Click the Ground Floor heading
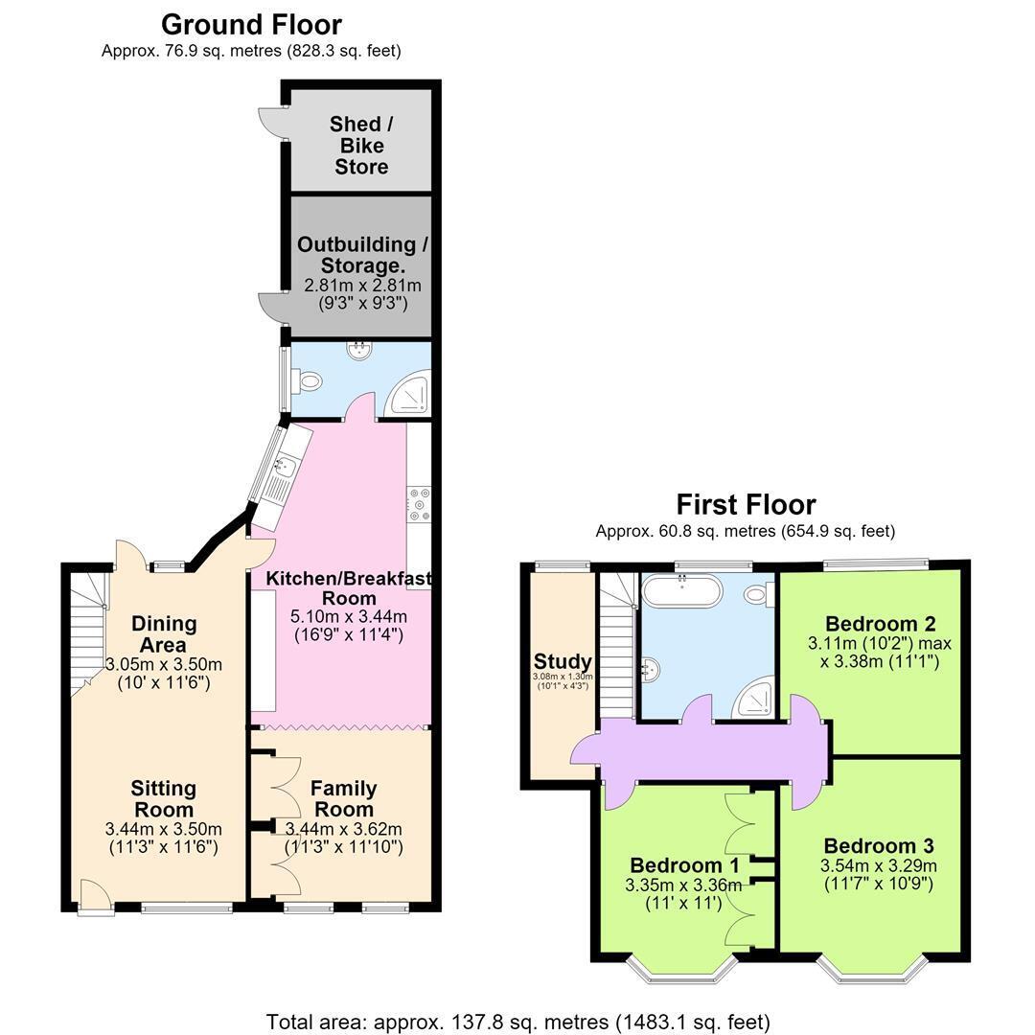pyautogui.click(x=251, y=25)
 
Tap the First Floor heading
pyautogui.click(x=746, y=505)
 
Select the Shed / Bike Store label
pyautogui.click(x=361, y=146)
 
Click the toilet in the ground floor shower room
pyautogui.click(x=308, y=380)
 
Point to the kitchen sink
pyautogui.click(x=284, y=466)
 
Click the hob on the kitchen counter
pyautogui.click(x=419, y=504)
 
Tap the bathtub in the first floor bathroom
pyautogui.click(x=682, y=591)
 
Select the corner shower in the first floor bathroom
pyautogui.click(x=753, y=700)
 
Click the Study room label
pyautogui.click(x=563, y=661)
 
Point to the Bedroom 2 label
pyautogui.click(x=881, y=623)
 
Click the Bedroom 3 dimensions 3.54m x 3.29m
pyautogui.click(x=879, y=865)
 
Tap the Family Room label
pyautogui.click(x=344, y=798)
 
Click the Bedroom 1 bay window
pyautogui.click(x=681, y=968)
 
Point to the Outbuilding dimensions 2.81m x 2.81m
pyautogui.click(x=362, y=286)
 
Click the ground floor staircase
pyautogui.click(x=88, y=633)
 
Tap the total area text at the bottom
pyautogui.click(x=517, y=1022)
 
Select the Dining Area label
pyautogui.click(x=164, y=633)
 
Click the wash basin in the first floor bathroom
pyautogui.click(x=650, y=670)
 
